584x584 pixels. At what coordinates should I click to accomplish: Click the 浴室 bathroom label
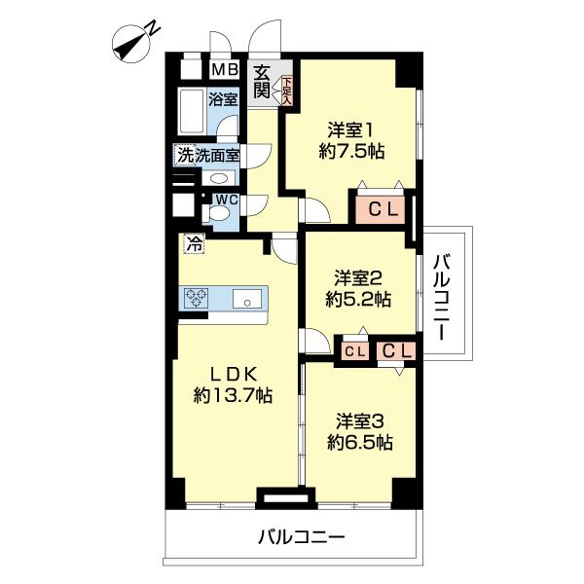(223, 98)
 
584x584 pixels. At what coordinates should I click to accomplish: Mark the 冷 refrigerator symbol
(195, 245)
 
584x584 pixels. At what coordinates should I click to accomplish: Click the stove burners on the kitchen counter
(199, 298)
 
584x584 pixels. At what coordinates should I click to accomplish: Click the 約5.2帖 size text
(358, 300)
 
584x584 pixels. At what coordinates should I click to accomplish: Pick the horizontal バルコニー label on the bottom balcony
(302, 536)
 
